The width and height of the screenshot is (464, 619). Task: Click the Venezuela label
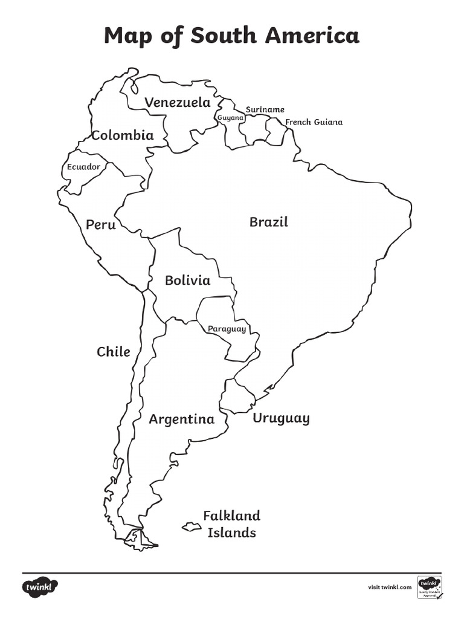(177, 103)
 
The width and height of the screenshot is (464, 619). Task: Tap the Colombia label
(123, 135)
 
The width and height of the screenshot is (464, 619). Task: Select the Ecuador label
(83, 167)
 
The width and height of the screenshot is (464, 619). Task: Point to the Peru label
(100, 225)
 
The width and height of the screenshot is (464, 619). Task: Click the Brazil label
(269, 222)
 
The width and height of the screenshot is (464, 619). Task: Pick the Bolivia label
(187, 280)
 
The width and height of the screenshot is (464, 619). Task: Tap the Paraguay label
(227, 329)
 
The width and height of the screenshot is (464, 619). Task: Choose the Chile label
(114, 352)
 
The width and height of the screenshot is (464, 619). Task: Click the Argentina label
(182, 420)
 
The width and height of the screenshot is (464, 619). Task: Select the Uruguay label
(281, 418)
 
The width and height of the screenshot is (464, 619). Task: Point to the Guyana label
(230, 117)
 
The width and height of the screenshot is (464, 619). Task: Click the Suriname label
(265, 109)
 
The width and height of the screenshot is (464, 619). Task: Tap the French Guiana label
(314, 122)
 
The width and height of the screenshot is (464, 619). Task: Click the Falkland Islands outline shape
(192, 527)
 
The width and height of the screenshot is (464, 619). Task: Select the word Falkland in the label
(231, 516)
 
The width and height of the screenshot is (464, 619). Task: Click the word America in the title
(310, 36)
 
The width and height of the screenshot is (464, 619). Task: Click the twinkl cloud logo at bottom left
(40, 586)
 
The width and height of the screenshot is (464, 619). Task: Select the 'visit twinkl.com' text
(390, 587)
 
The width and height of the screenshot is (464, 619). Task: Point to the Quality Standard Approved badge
(429, 586)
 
